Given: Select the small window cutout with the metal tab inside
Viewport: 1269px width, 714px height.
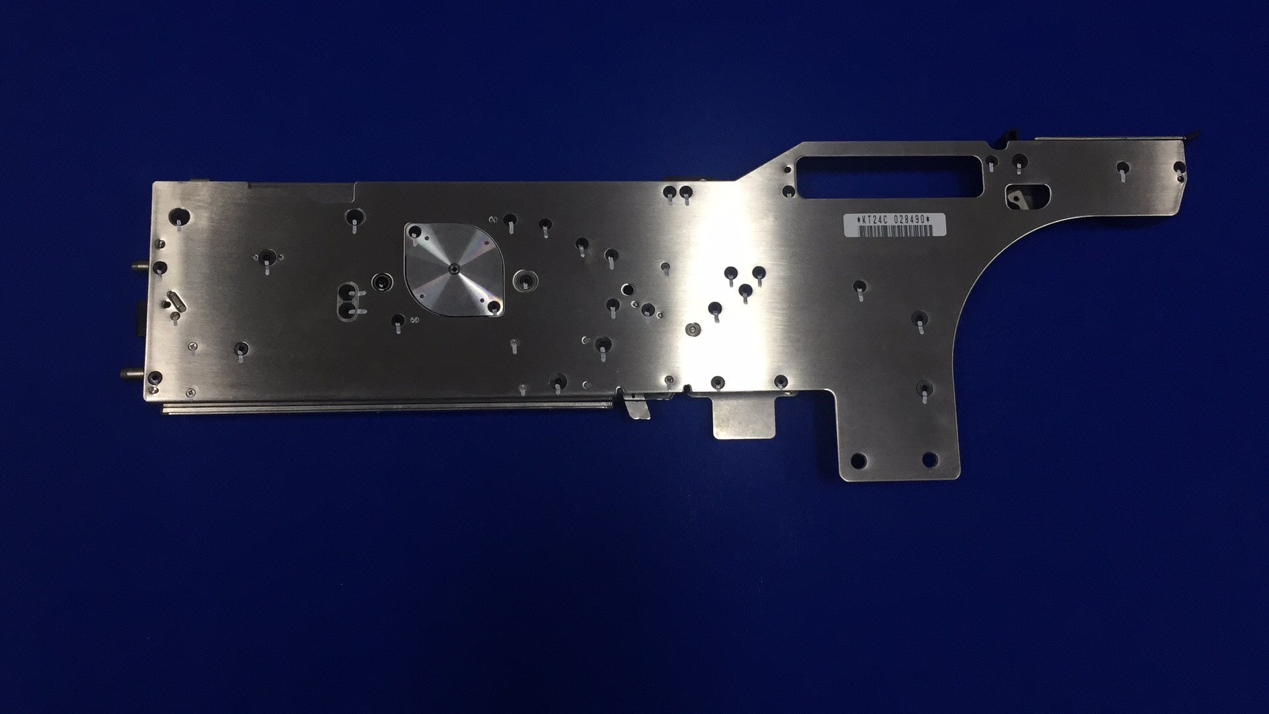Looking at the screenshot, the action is coord(1026,196).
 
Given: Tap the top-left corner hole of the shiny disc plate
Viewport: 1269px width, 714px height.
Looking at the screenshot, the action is coord(415,231).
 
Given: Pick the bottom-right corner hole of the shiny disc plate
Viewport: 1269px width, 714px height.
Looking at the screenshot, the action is coord(493,307).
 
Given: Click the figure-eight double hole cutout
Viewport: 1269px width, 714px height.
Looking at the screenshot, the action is coord(350,301).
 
